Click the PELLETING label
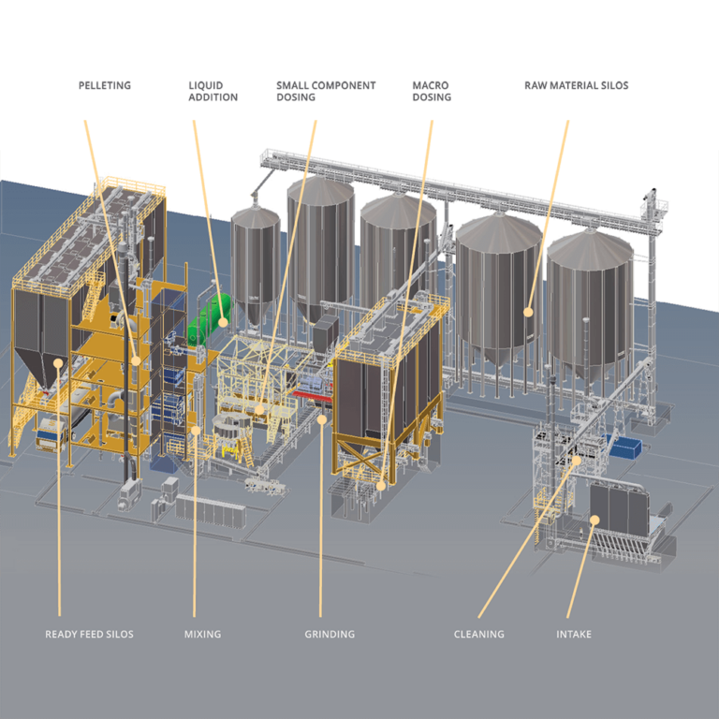[x=104, y=85]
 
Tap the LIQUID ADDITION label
[x=213, y=91]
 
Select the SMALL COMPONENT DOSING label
[x=325, y=91]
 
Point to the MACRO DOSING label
[x=431, y=91]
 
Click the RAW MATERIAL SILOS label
[x=576, y=85]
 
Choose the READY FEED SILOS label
[x=89, y=634]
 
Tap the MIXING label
[x=202, y=634]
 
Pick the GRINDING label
[x=330, y=634]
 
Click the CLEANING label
[x=478, y=634]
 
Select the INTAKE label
[x=574, y=634]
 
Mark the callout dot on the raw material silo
[x=529, y=312]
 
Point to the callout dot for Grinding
[x=321, y=418]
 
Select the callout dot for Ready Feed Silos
[x=58, y=361]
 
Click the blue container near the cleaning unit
[x=624, y=446]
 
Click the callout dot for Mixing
[x=197, y=430]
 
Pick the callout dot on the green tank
[x=224, y=321]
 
